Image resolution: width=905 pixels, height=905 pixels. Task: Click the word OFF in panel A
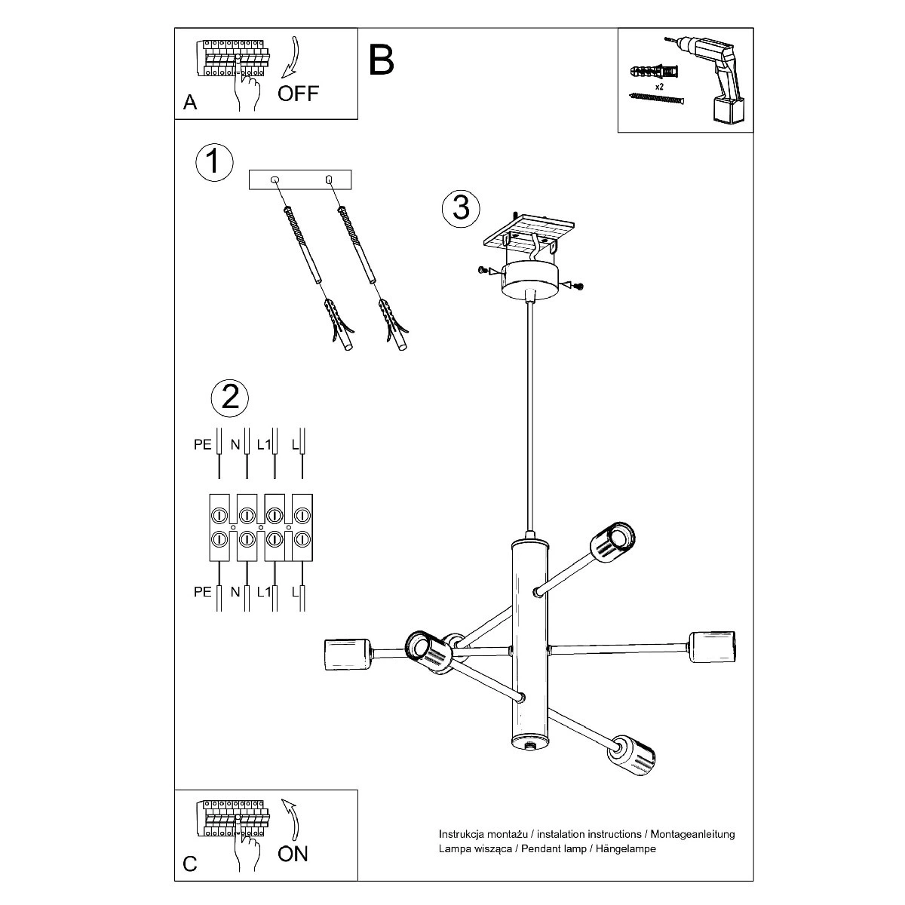(298, 94)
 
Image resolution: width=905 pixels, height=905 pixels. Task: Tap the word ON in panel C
(293, 853)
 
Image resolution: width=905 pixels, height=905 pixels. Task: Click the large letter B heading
(382, 60)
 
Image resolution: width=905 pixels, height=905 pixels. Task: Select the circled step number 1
(214, 161)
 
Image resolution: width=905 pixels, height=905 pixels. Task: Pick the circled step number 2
(230, 396)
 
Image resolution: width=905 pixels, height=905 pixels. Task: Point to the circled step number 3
(462, 207)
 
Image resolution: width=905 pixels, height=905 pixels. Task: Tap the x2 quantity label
(658, 87)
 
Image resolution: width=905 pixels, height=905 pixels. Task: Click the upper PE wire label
(203, 445)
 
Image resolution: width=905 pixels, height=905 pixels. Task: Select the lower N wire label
(235, 592)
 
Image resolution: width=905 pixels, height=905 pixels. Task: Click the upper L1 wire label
(263, 445)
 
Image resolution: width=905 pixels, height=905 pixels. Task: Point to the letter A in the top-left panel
(190, 103)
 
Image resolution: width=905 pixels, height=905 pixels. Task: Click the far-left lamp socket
(346, 654)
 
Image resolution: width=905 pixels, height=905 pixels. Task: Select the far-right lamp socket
(712, 646)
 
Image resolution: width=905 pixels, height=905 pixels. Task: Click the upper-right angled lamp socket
(612, 541)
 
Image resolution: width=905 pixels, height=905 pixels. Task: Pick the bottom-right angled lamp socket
(632, 753)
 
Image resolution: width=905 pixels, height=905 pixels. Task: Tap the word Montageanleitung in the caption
(691, 834)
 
